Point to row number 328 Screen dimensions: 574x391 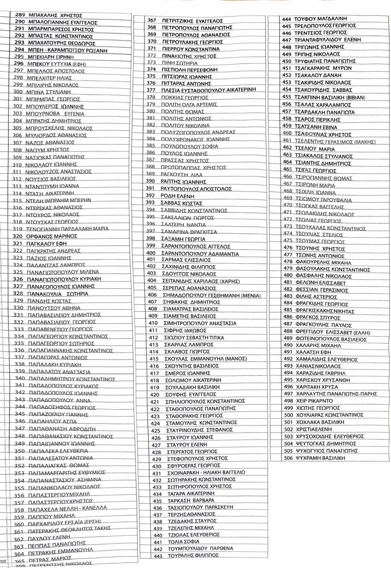[18, 294]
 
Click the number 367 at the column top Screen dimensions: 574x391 [152, 20]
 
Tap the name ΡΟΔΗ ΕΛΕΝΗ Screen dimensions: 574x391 [177, 196]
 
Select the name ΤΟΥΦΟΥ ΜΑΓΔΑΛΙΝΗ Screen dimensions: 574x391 [320, 19]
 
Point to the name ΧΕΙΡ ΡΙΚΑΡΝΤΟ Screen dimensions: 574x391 [314, 401]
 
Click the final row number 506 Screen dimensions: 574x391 [288, 458]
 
